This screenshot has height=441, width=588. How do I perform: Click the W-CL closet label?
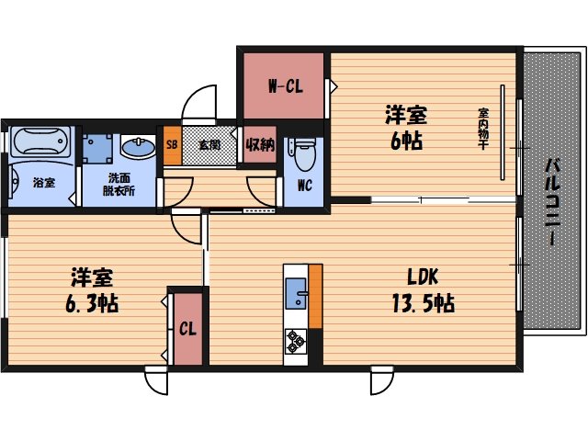284,87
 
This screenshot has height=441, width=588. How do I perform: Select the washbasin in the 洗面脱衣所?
139,148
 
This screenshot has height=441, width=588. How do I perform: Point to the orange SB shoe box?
172,144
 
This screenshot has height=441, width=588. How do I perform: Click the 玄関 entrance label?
209,144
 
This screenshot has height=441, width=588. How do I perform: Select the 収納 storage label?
260,144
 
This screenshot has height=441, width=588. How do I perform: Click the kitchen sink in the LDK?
297,297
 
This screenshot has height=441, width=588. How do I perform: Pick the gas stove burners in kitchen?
297,341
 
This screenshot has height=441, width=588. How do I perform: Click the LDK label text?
424,276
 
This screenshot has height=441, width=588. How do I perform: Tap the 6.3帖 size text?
93,302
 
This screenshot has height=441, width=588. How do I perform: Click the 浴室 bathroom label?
43,182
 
